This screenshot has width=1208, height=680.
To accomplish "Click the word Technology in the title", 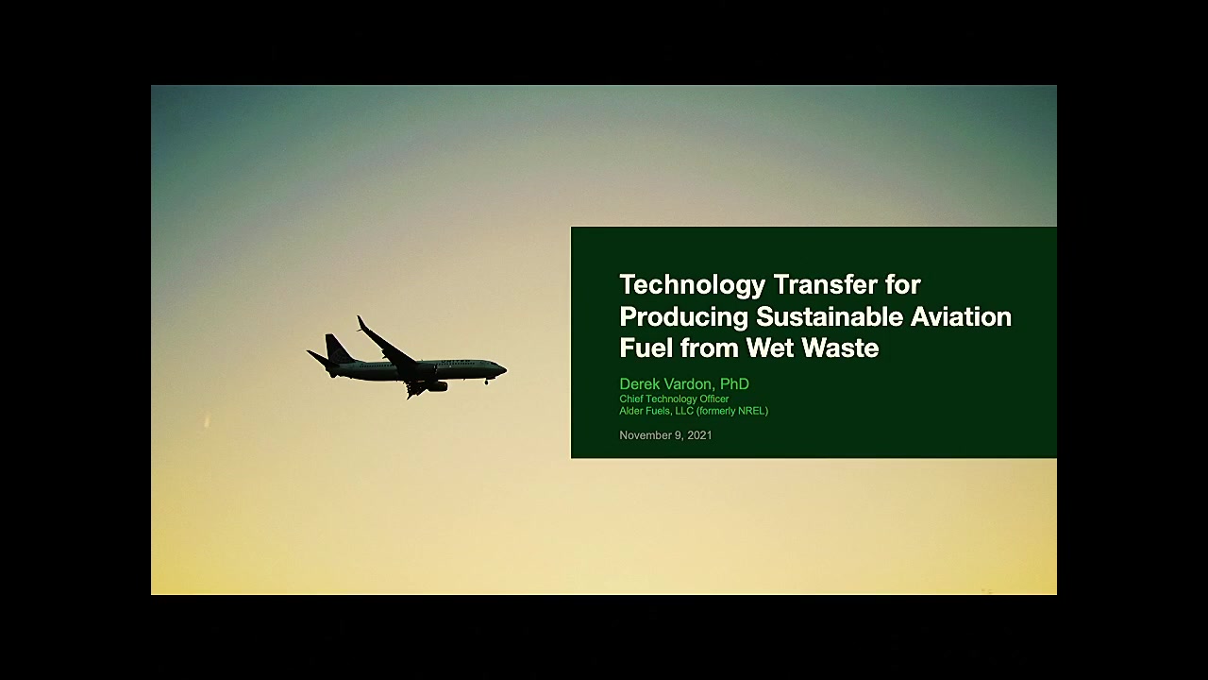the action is pyautogui.click(x=693, y=285).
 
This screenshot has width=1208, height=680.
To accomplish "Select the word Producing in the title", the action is pyautogui.click(x=684, y=316).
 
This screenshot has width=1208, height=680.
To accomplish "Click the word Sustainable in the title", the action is pyautogui.click(x=830, y=316).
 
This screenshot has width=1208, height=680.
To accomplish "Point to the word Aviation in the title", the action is pyautogui.click(x=961, y=316).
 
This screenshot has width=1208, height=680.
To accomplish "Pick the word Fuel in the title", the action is pyautogui.click(x=646, y=348).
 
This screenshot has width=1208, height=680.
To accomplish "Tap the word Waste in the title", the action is pyautogui.click(x=841, y=348).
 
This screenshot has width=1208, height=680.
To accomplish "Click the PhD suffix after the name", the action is pyautogui.click(x=734, y=383).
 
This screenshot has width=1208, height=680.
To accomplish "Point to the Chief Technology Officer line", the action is pyautogui.click(x=674, y=399).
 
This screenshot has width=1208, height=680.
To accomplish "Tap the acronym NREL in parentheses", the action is pyautogui.click(x=750, y=411).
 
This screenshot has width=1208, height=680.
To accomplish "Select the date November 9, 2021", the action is pyautogui.click(x=665, y=435).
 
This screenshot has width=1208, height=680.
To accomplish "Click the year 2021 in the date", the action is pyautogui.click(x=699, y=435).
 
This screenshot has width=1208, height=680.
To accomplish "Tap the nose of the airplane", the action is pyautogui.click(x=504, y=369).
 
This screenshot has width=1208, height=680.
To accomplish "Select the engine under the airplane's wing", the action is pyautogui.click(x=436, y=386).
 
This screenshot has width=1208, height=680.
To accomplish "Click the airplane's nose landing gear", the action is pyautogui.click(x=487, y=381).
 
